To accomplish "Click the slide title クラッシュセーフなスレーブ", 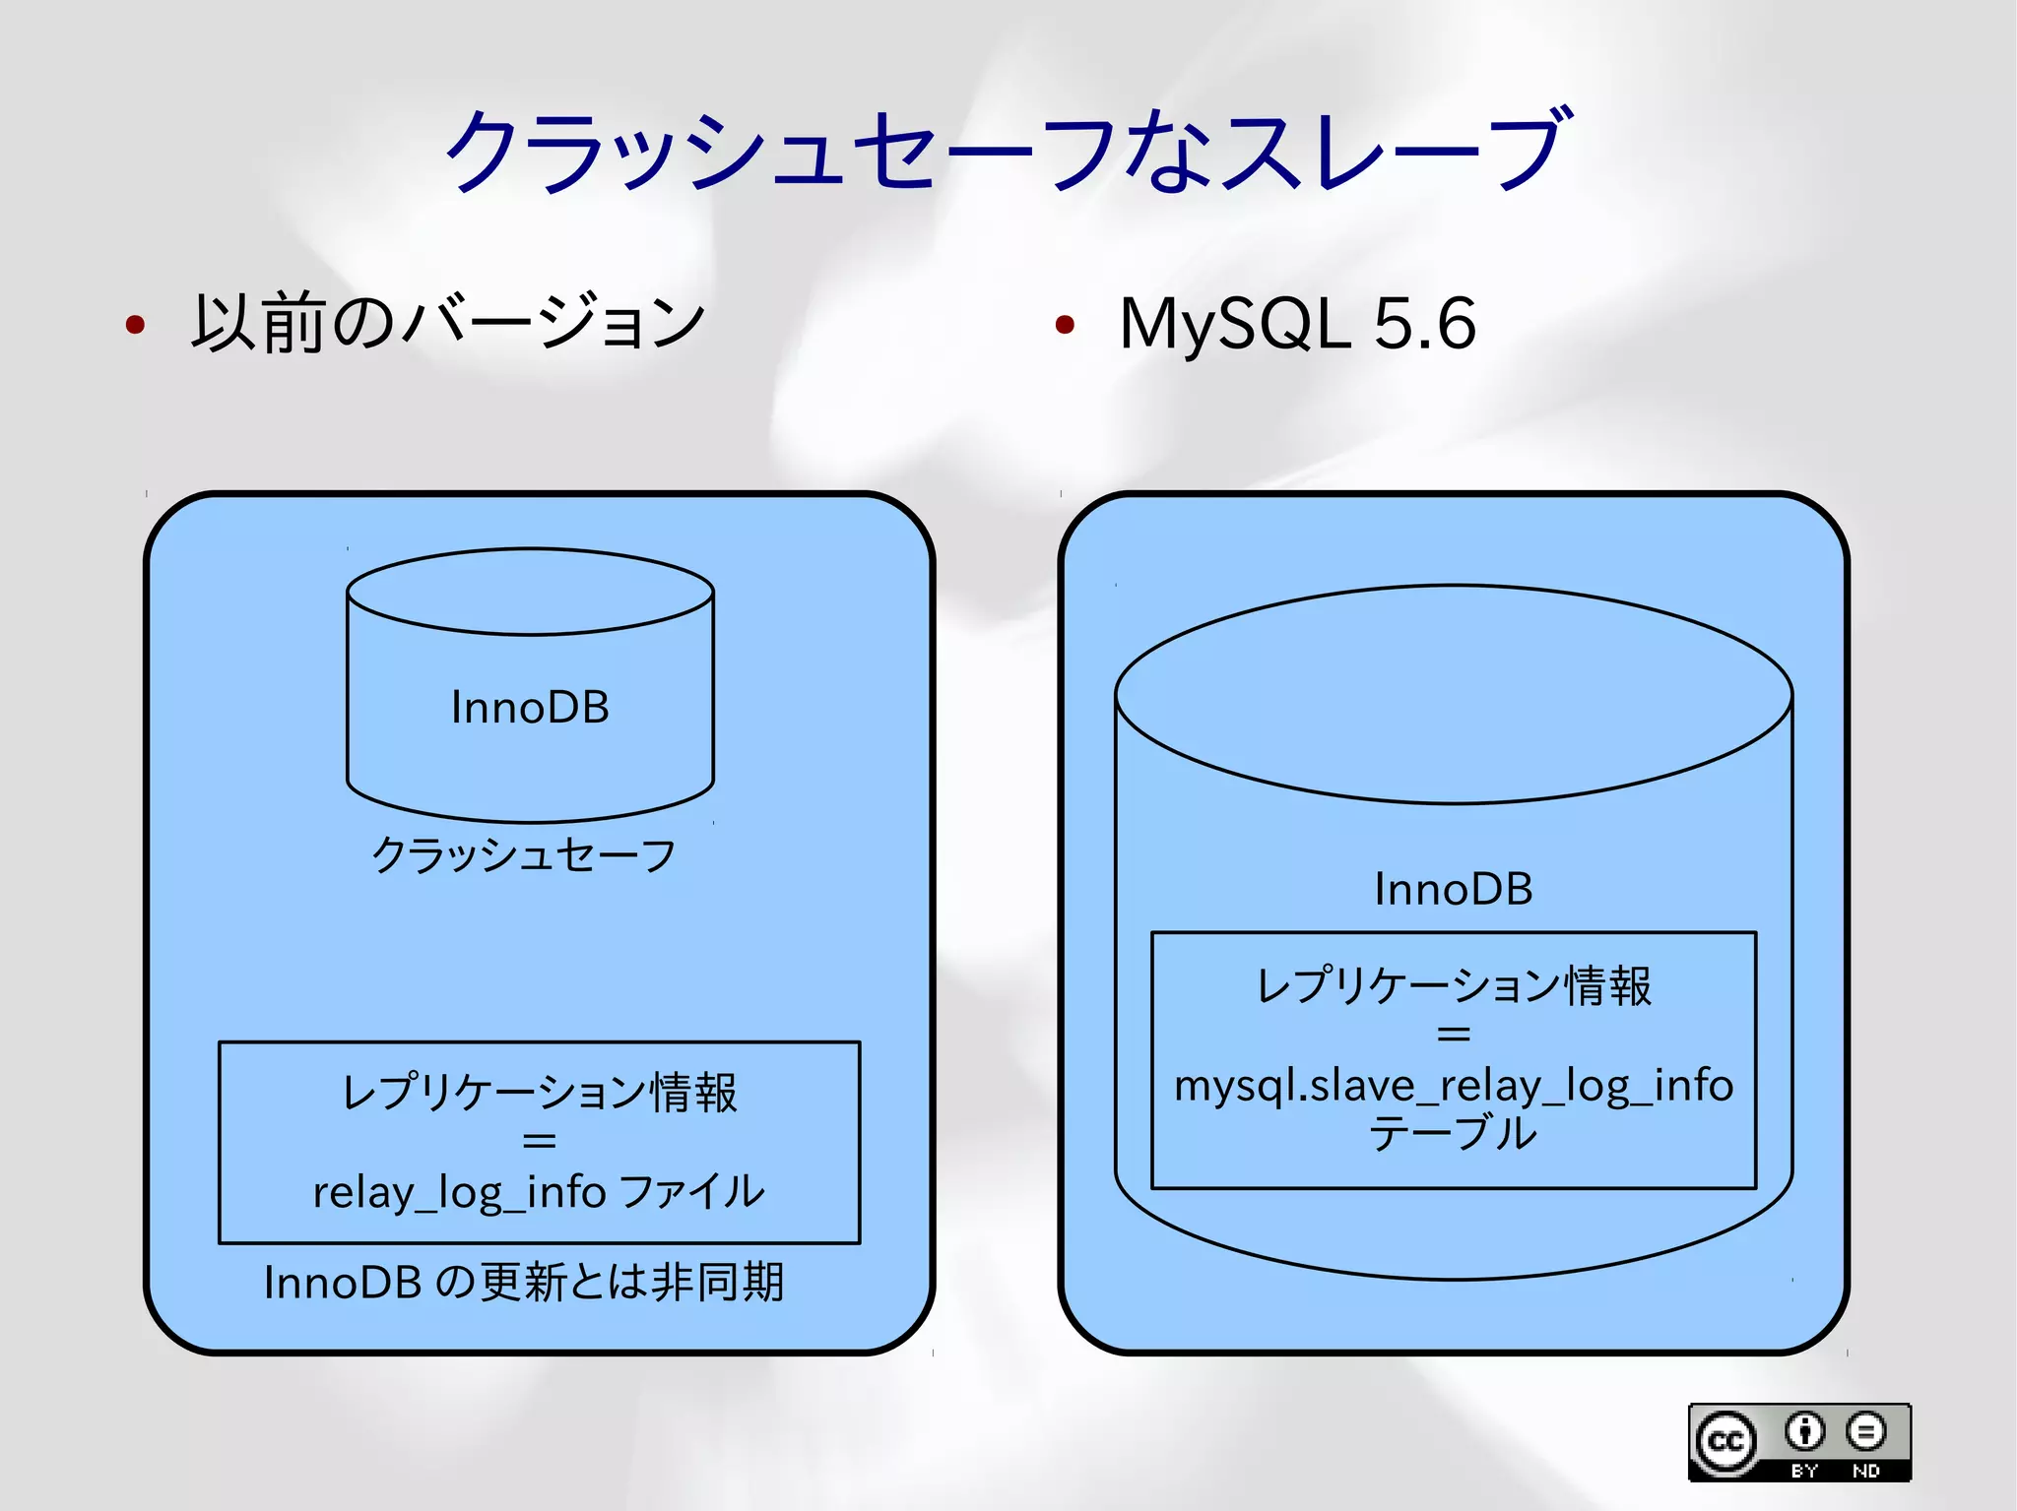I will point(1007,151).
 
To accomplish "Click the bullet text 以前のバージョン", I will point(448,323).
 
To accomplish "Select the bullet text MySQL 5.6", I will point(1297,323).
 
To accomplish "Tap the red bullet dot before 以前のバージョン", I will point(136,324).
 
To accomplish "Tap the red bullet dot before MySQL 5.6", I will point(1064,324).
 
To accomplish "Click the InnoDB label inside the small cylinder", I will point(530,708).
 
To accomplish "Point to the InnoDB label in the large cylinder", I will point(1454,889).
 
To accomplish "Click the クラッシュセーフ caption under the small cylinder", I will point(524,854).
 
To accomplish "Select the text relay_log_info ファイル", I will point(539,1192).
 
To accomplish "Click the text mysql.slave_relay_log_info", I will point(1454,1086).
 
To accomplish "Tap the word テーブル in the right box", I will point(1454,1134).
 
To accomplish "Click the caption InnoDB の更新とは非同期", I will point(524,1283).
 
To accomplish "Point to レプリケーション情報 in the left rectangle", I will point(539,1093).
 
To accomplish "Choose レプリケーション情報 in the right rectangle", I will point(1454,986).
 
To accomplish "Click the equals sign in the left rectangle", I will point(539,1141).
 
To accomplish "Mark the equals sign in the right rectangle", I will point(1454,1035).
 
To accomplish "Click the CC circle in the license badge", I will point(1725,1442).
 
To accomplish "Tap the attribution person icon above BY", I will point(1804,1431).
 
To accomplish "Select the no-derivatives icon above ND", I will point(1865,1431).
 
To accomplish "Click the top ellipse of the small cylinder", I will point(530,592).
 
